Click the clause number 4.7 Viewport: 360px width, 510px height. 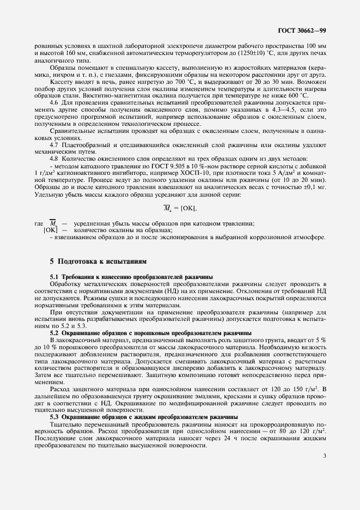click(54, 147)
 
